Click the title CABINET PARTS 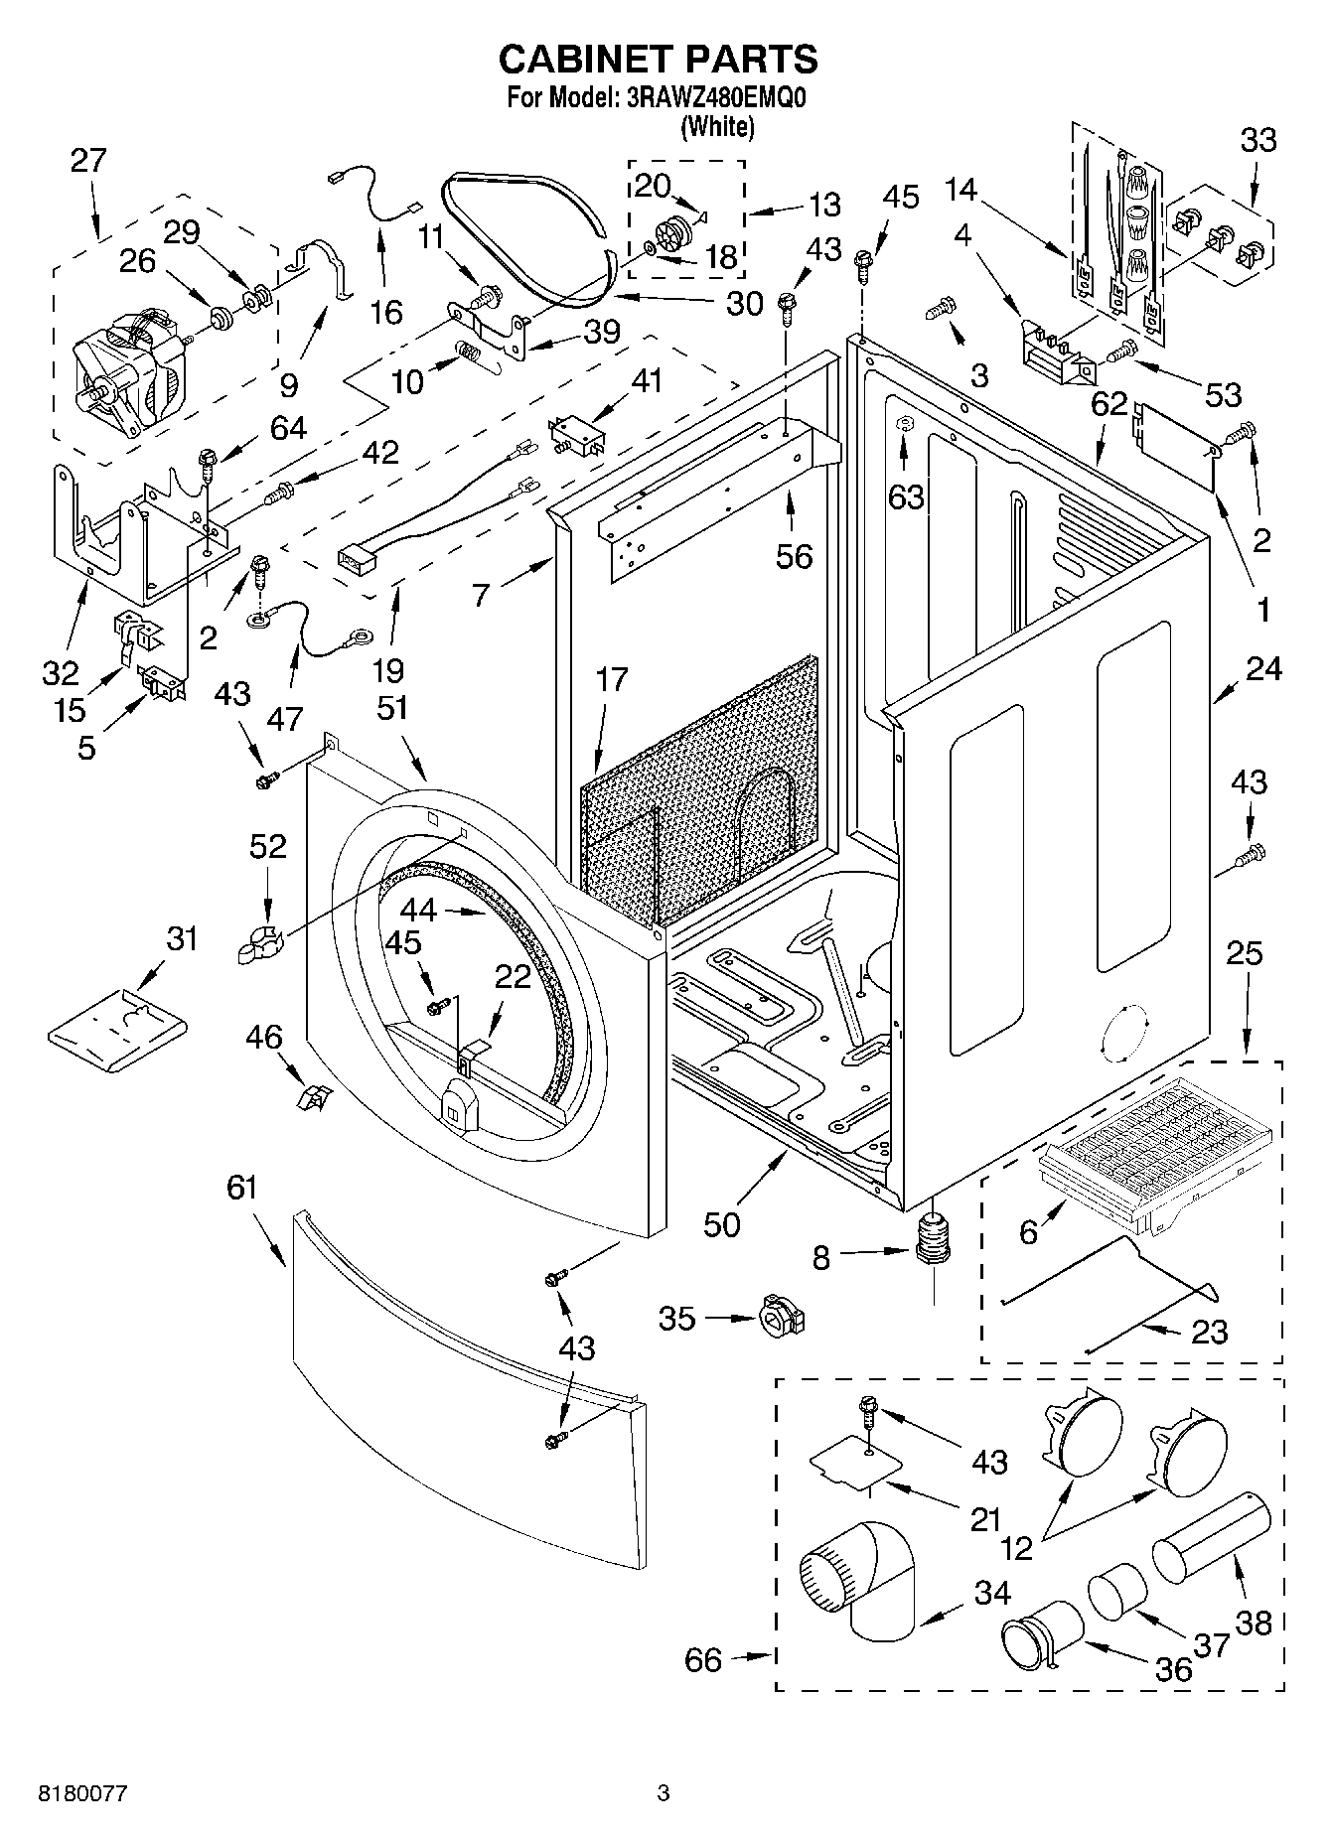click(658, 60)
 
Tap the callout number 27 click(88, 161)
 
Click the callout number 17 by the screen click(613, 680)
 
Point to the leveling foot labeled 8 click(932, 1241)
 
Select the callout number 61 click(241, 1189)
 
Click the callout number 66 click(703, 1659)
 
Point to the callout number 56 click(794, 556)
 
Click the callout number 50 click(722, 1225)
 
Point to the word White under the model click(716, 126)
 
